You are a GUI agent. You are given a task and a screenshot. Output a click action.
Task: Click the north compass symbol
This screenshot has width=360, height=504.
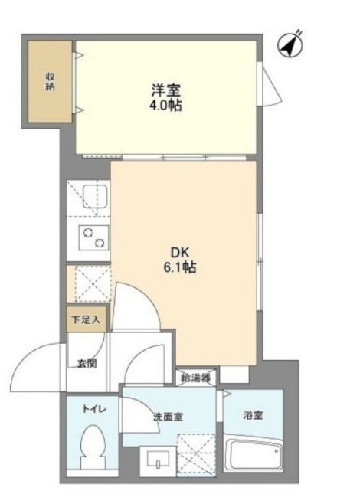[x=290, y=45]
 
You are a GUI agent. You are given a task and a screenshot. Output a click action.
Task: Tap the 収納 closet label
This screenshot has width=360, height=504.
[x=50, y=82]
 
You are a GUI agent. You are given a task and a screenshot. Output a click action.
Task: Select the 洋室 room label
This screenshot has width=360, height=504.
[x=166, y=91]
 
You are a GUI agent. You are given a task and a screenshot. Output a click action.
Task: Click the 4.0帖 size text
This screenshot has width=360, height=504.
[x=165, y=106]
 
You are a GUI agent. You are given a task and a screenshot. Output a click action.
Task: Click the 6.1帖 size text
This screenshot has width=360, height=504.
[x=180, y=267]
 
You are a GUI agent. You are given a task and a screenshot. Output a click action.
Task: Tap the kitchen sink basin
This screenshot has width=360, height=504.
[x=94, y=197]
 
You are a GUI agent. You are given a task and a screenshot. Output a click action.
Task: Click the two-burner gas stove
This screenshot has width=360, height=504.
[x=93, y=238]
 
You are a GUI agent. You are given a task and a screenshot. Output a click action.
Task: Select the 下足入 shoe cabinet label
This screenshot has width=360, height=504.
[x=86, y=320]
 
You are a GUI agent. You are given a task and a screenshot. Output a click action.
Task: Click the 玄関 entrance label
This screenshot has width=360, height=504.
[x=87, y=364]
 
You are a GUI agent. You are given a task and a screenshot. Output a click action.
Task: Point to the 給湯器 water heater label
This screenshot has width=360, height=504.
[x=195, y=378]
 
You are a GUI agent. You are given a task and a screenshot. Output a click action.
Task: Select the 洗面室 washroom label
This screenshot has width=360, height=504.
[x=168, y=417]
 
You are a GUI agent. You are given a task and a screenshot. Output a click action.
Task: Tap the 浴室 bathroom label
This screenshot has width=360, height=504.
[x=253, y=415]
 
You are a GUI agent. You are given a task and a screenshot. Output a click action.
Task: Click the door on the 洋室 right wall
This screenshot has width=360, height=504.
[x=270, y=84]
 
